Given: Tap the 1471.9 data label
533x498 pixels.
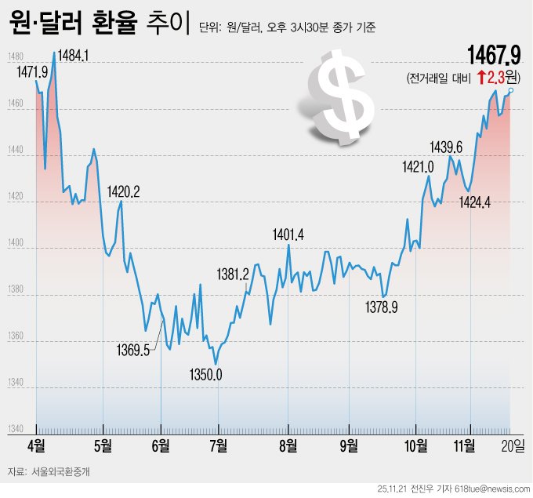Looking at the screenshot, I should click(31, 71).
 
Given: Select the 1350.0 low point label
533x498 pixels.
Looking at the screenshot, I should click(206, 375).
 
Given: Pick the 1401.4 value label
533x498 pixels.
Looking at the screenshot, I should click(288, 234).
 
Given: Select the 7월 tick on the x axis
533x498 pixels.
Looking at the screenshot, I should click(218, 445).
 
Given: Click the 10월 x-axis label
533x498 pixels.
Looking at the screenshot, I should click(416, 445).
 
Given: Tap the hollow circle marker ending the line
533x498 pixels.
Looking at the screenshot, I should click(511, 91).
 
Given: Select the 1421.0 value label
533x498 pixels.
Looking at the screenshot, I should click(418, 166).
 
